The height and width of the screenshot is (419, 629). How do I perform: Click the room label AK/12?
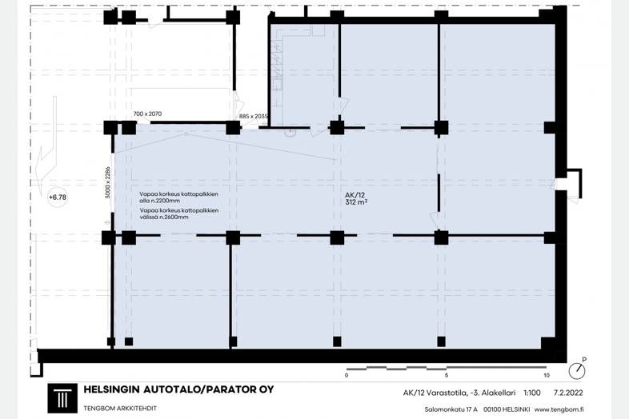click(355, 195)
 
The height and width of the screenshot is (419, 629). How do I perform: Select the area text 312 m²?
click(356, 202)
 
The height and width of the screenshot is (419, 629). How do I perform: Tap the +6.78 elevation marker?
click(58, 198)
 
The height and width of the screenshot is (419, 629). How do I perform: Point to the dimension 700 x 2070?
click(147, 114)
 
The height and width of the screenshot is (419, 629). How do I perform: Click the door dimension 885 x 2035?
click(253, 116)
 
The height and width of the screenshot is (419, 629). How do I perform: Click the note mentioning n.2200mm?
click(179, 198)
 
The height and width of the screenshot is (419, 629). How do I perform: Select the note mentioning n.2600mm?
click(179, 213)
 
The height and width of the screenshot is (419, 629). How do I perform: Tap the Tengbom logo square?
click(62, 398)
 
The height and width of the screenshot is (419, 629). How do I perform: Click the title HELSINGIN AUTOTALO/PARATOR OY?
click(178, 389)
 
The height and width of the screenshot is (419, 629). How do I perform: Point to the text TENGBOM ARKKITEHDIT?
click(120, 409)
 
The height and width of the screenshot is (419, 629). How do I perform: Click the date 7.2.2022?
click(568, 393)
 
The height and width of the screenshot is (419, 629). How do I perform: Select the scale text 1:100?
click(532, 393)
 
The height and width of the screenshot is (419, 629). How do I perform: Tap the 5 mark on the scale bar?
click(447, 375)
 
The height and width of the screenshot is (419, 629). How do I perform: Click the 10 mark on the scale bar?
click(547, 375)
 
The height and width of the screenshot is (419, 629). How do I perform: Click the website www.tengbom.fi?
click(559, 409)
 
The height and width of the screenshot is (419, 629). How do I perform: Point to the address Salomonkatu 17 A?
click(451, 409)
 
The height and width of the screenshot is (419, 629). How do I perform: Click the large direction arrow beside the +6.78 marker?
click(46, 146)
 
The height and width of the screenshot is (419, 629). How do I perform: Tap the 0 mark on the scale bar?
click(347, 375)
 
